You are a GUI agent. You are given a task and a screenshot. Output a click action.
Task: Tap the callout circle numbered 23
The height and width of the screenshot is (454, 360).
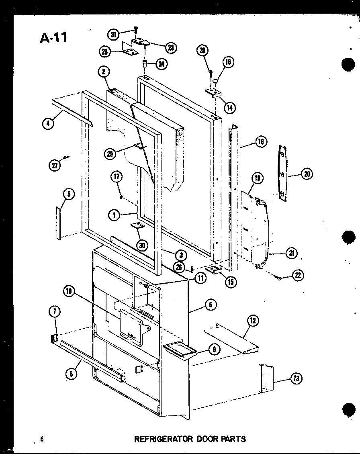(x=170, y=47)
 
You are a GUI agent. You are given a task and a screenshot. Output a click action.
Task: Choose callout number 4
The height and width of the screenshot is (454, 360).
(x=47, y=123)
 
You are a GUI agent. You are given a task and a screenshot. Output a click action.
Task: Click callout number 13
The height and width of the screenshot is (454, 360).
(x=296, y=378)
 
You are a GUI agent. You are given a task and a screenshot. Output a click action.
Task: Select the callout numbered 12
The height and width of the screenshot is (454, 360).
(x=253, y=320)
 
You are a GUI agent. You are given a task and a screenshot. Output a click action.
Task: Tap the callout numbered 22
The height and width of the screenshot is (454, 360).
(x=298, y=276)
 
